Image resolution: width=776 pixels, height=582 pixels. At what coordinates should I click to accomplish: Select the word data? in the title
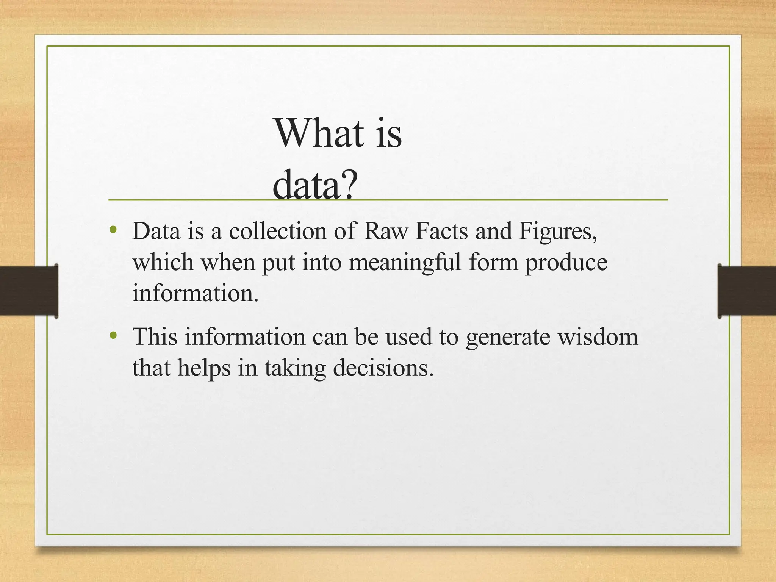click(314, 185)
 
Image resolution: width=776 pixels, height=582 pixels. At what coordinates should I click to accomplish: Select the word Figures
click(557, 232)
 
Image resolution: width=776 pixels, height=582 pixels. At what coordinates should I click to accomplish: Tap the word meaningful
click(405, 262)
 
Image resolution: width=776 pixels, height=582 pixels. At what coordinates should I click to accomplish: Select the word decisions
click(383, 368)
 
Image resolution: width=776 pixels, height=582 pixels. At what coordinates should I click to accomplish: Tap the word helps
click(204, 368)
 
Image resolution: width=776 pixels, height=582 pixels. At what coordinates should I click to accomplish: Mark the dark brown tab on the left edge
click(29, 291)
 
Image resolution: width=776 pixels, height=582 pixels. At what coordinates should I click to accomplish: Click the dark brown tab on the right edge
click(746, 291)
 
